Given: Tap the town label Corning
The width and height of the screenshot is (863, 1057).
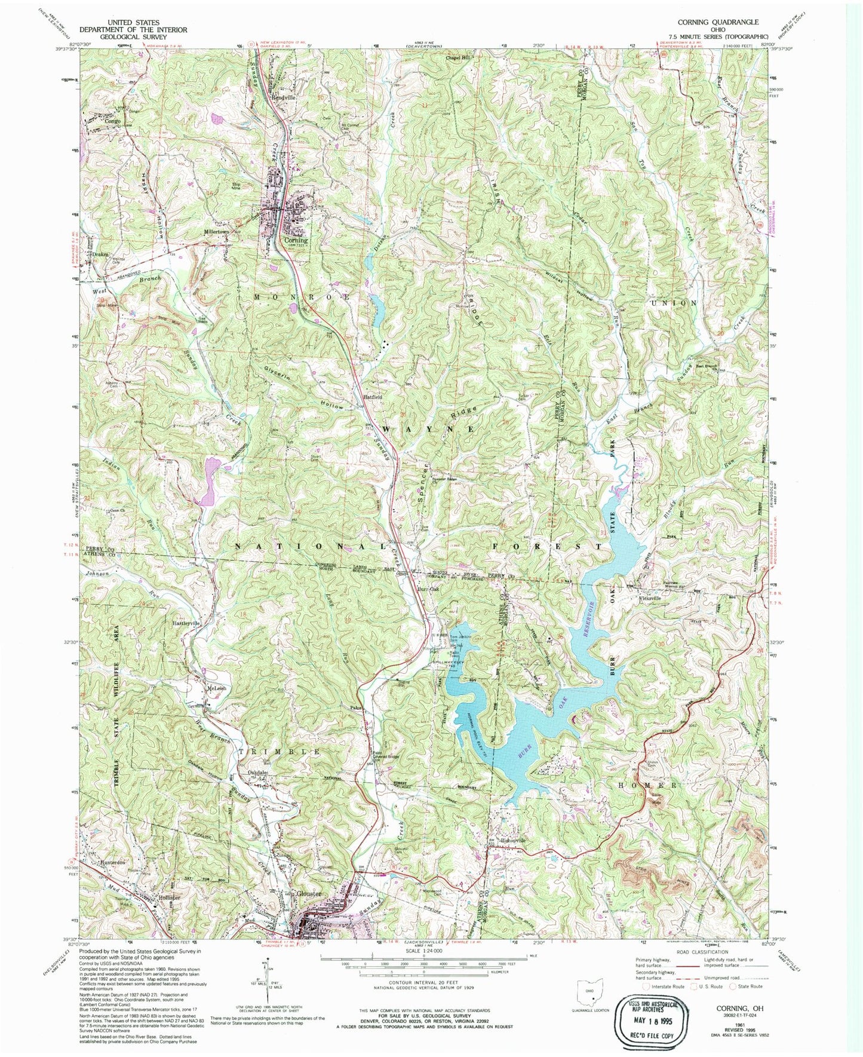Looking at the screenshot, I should [295, 241].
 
